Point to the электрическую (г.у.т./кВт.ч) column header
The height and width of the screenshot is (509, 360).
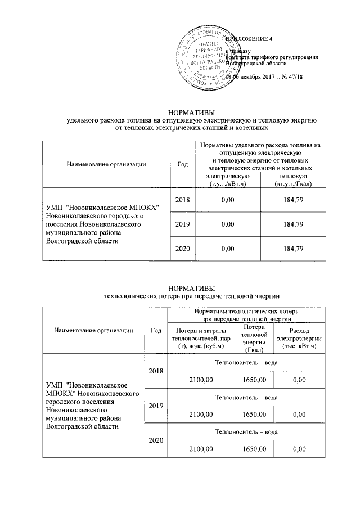point(227,181)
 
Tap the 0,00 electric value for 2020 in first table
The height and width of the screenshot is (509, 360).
point(227,249)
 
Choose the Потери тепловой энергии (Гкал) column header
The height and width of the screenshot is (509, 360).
point(251,338)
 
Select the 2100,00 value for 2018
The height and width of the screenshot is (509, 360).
point(201,381)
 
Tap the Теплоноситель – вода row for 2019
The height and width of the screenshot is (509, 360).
point(246,397)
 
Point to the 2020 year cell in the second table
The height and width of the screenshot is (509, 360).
point(154,440)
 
